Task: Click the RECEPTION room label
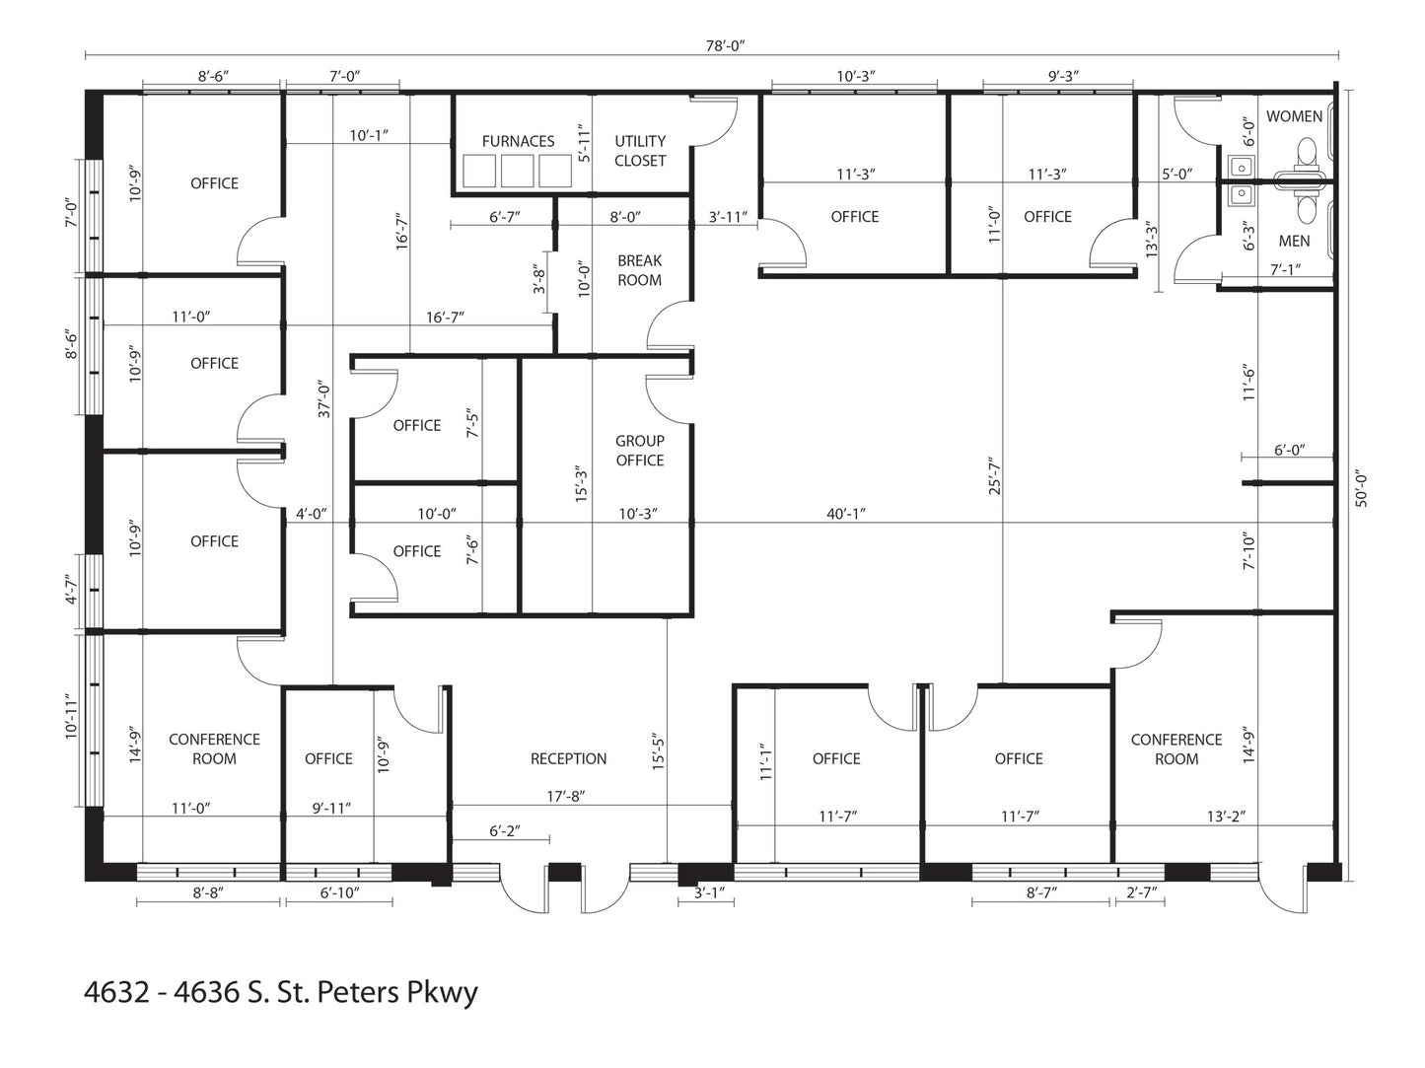pos(568,758)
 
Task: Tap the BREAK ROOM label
pos(639,270)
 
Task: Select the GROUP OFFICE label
pos(639,451)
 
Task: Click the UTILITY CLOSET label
pos(640,151)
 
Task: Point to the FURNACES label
pos(518,141)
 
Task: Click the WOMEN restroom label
pos(1294,116)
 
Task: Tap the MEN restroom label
pos(1294,241)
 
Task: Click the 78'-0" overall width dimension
pos(725,45)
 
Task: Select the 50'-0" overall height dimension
pos(1361,490)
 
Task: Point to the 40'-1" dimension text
pos(846,514)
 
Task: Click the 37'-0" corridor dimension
pos(324,399)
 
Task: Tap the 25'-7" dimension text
pos(995,475)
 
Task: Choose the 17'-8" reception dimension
pos(565,796)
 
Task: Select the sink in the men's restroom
pos(1242,193)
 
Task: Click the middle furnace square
pos(518,171)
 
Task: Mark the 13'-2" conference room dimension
pos(1226,817)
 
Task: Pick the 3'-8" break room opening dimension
pos(539,278)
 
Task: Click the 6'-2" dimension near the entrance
pos(505,831)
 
